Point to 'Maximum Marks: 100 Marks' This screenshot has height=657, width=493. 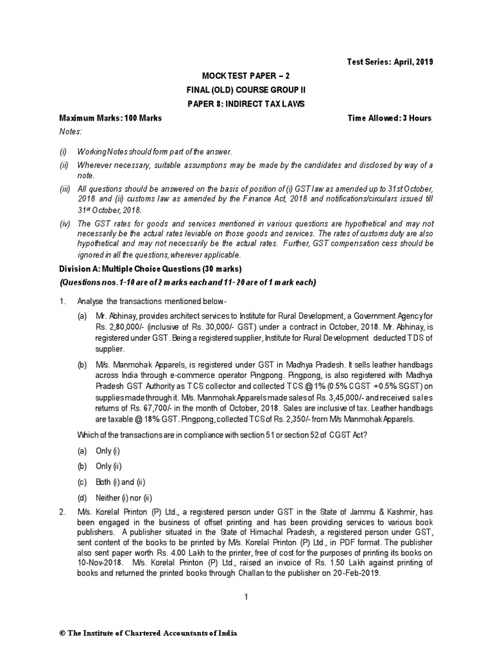[110, 118]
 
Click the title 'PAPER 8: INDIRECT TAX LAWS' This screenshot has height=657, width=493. [246, 103]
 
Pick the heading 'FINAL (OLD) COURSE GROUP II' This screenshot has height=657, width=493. [246, 89]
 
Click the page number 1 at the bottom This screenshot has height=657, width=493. [246, 597]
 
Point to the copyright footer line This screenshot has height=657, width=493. [148, 633]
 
